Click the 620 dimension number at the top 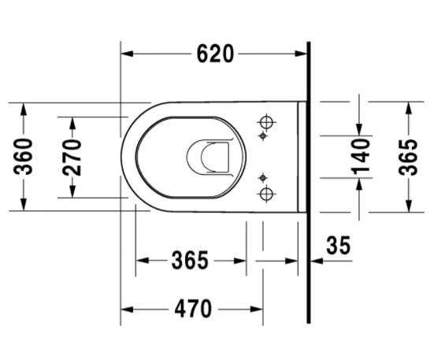coord(215,54)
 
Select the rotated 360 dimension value coord(24,157)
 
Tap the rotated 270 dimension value coord(72,158)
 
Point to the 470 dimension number coord(193,309)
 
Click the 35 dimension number coord(338,246)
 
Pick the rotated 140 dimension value coord(361,157)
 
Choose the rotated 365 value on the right coord(408,158)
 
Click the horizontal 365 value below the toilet coord(190,260)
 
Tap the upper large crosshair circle coord(266,122)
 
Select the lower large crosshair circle coord(266,193)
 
